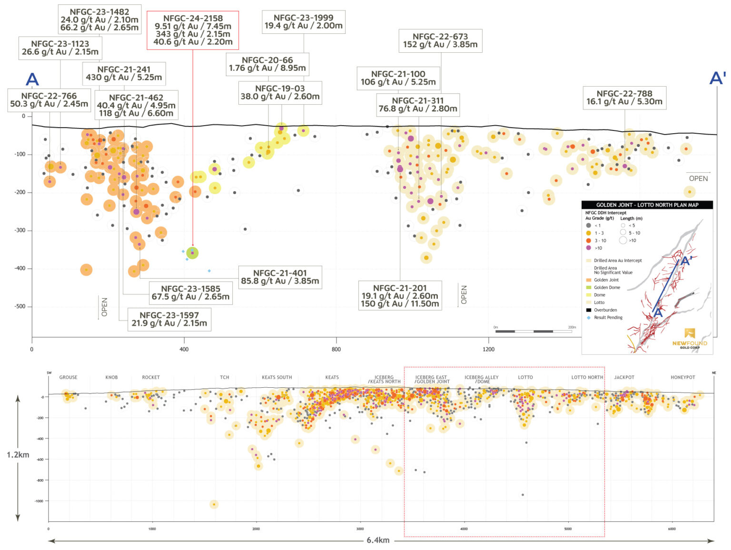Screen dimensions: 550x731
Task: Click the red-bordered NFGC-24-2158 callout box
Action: (193, 30)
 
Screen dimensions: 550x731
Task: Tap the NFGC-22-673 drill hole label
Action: (440, 40)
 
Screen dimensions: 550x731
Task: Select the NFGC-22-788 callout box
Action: (624, 98)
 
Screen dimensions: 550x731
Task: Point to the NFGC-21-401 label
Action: (280, 277)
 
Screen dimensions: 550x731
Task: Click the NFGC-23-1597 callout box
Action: (169, 319)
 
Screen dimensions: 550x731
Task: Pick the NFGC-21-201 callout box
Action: (400, 296)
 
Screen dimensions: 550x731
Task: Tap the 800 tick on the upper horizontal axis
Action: (336, 349)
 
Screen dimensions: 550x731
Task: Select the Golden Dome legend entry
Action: (606, 287)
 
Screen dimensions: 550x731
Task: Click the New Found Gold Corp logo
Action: (690, 339)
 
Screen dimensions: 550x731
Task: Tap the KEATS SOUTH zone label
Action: (277, 377)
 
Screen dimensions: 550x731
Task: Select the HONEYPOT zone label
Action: (682, 377)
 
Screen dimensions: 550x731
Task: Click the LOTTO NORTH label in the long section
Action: (587, 377)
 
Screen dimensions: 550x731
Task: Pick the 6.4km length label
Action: (378, 540)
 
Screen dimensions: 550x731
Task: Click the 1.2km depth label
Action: (18, 455)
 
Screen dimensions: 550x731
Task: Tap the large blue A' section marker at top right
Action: (717, 78)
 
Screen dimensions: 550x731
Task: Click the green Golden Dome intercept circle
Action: (192, 253)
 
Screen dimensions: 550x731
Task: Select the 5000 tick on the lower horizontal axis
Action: (568, 529)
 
